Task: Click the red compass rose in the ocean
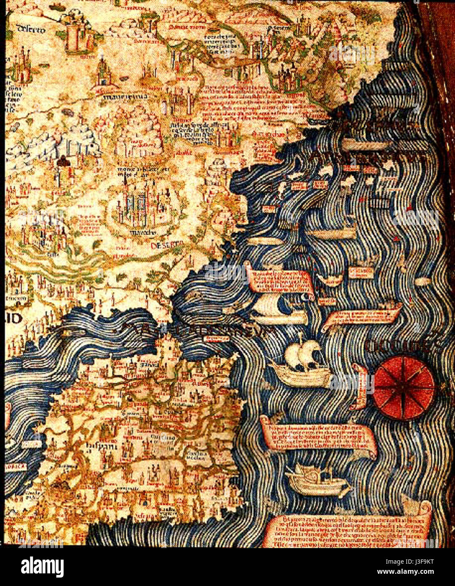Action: (404, 388)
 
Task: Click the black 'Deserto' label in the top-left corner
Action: (31, 29)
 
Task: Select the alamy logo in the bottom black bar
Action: (42, 567)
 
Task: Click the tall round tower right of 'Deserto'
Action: (75, 36)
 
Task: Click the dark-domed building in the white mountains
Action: (64, 163)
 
